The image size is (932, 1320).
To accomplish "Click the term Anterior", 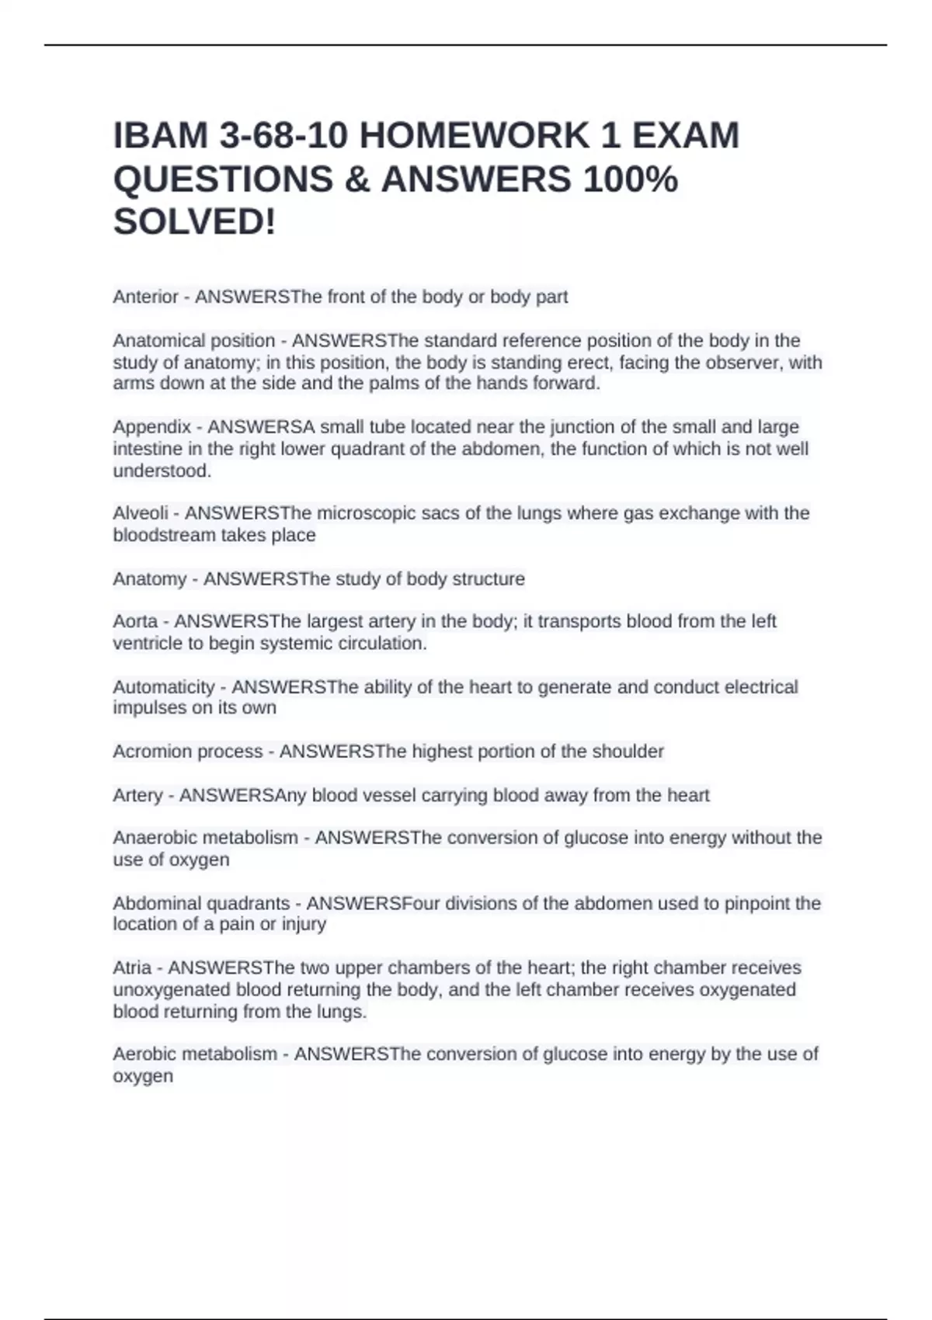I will point(145,297).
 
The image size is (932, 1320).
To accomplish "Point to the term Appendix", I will point(151,427).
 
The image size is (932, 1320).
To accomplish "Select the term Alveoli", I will point(141,513).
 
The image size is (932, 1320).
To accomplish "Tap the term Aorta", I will point(135,621).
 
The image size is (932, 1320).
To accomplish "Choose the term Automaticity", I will point(163,687).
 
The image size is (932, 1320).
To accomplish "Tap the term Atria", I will point(132,967).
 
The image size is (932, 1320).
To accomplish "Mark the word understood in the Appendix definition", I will point(162,471).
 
